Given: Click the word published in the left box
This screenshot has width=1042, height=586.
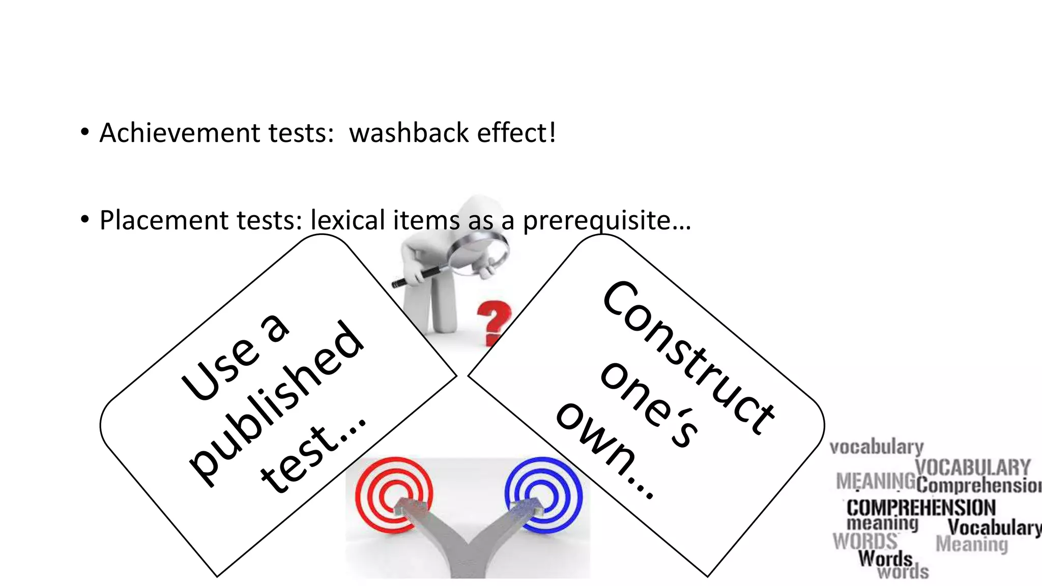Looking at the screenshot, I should [x=277, y=404].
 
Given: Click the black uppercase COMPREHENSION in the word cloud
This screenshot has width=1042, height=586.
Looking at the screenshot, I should [x=921, y=508].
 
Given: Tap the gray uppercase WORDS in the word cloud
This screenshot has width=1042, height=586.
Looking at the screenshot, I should [x=865, y=541].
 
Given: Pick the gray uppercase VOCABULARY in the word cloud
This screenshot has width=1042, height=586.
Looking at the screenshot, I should [x=972, y=467].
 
